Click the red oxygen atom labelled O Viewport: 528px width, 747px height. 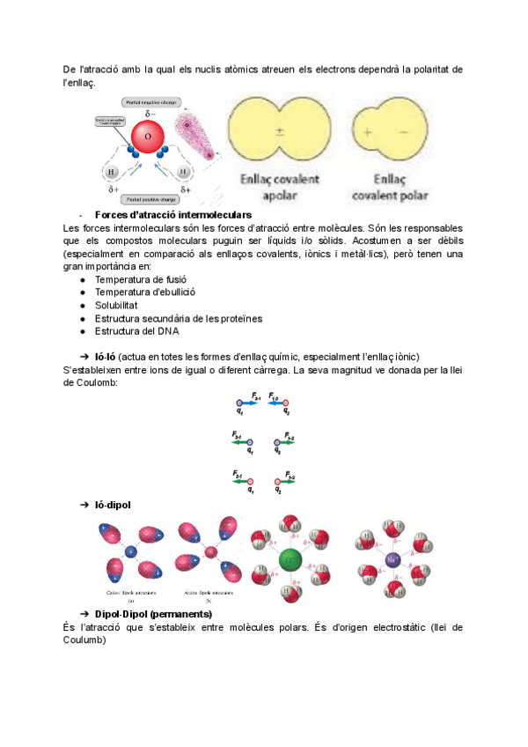click(x=147, y=137)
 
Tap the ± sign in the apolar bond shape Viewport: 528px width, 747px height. click(x=279, y=132)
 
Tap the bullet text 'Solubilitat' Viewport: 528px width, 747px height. click(x=117, y=305)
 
